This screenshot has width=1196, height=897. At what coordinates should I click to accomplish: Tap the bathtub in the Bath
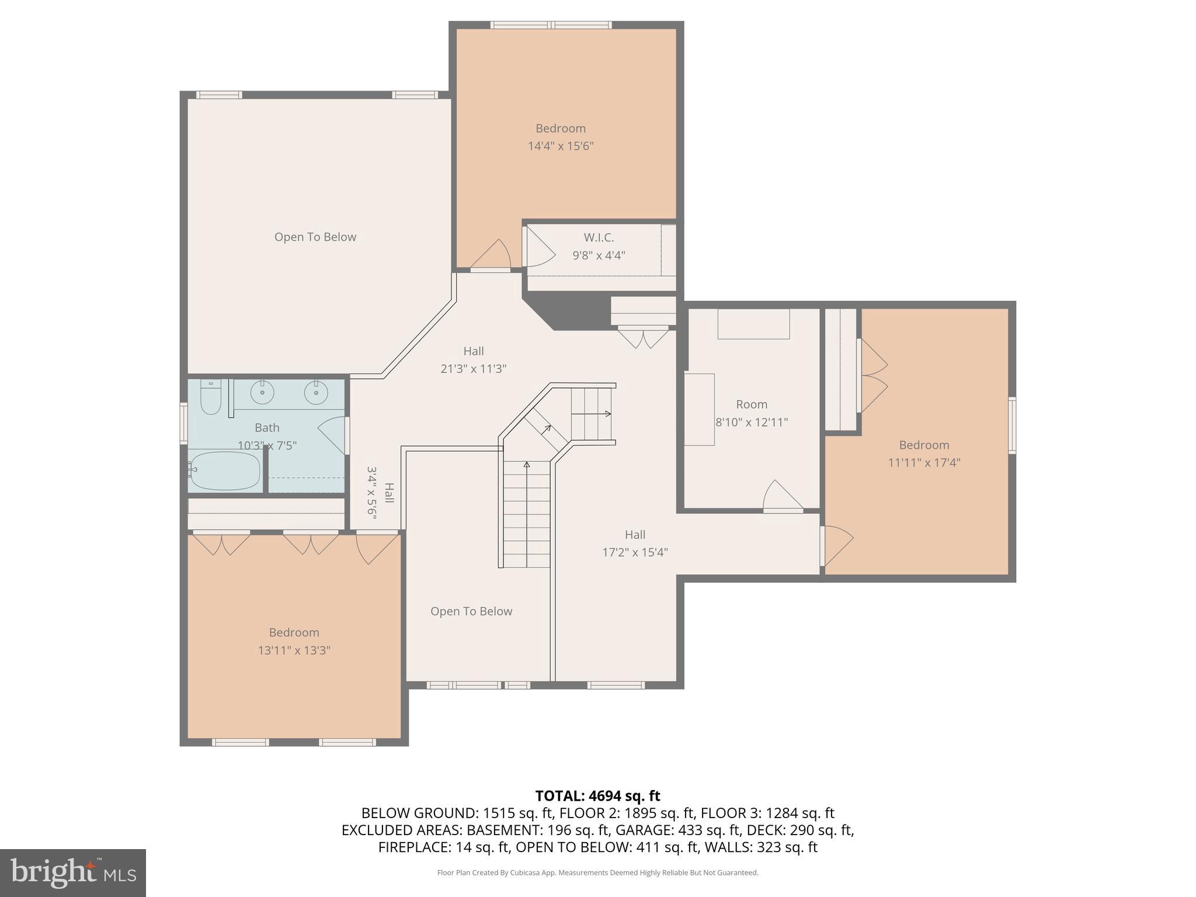(x=225, y=471)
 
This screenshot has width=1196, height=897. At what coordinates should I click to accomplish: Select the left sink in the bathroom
(x=262, y=392)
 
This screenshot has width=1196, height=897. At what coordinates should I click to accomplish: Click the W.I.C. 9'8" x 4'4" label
(x=599, y=246)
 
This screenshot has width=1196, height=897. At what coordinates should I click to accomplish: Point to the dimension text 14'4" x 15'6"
(x=561, y=146)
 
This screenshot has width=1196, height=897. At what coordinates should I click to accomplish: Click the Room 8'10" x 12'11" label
(x=752, y=413)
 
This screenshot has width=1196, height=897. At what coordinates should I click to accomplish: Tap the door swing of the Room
(x=781, y=495)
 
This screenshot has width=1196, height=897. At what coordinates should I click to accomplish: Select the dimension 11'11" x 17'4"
(x=924, y=463)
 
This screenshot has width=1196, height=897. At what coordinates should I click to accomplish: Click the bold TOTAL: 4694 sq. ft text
(x=597, y=795)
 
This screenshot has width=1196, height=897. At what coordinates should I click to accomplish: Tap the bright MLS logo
(x=73, y=872)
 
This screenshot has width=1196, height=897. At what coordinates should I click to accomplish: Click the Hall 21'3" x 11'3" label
(x=473, y=360)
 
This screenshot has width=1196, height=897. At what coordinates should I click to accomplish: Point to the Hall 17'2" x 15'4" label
(x=635, y=543)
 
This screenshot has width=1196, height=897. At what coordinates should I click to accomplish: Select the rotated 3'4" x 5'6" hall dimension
(x=372, y=492)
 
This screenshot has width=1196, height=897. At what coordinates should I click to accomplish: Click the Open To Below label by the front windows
(x=471, y=611)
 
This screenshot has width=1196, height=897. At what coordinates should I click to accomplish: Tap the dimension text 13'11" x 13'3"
(x=294, y=650)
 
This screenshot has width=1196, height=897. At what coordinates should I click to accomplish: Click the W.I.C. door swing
(x=540, y=248)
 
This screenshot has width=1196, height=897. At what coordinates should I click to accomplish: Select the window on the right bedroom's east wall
(x=1012, y=425)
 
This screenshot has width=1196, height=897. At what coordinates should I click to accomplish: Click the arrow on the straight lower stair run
(x=527, y=465)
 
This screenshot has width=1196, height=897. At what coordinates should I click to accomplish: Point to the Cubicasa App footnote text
(x=597, y=872)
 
